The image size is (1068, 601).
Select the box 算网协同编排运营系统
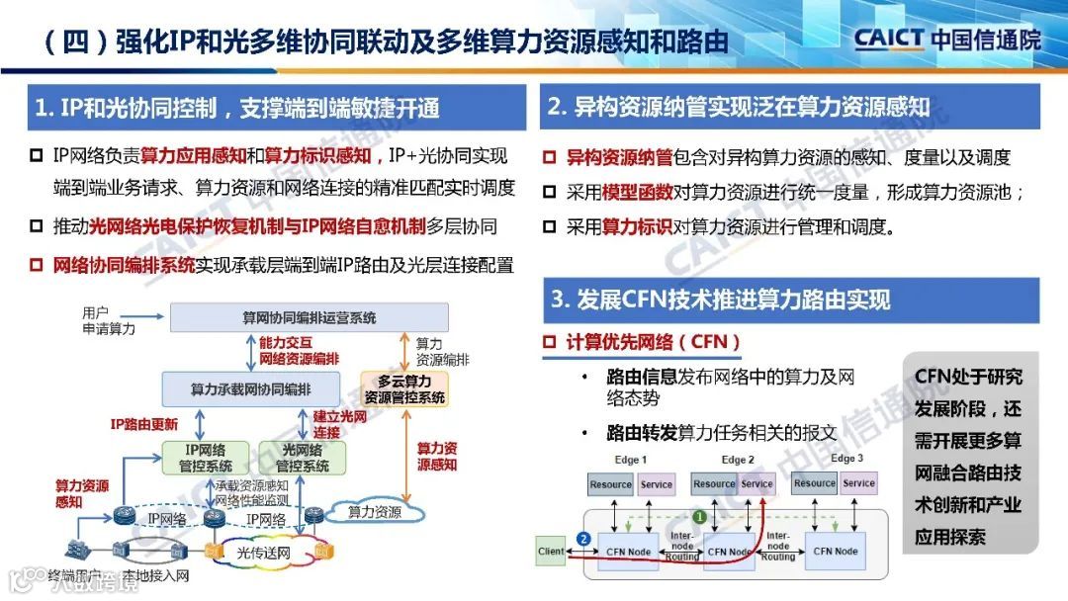pyautogui.click(x=309, y=318)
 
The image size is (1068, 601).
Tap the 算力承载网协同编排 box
pyautogui.click(x=250, y=388)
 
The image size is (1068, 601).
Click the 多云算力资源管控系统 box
pyautogui.click(x=403, y=388)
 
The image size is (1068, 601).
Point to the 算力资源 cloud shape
pyautogui.click(x=374, y=512)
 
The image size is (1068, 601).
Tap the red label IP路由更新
pyautogui.click(x=143, y=425)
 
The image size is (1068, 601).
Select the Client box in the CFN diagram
pyautogui.click(x=551, y=551)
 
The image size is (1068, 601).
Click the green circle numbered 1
pyautogui.click(x=699, y=516)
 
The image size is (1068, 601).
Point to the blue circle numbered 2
pyautogui.click(x=584, y=539)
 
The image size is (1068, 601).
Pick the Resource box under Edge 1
pyautogui.click(x=610, y=484)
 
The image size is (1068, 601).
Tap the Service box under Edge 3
pyautogui.click(x=858, y=483)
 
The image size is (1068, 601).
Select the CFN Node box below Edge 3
pyautogui.click(x=835, y=551)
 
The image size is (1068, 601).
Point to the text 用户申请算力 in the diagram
pyautogui.click(x=108, y=320)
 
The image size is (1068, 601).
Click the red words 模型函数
pyautogui.click(x=633, y=193)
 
